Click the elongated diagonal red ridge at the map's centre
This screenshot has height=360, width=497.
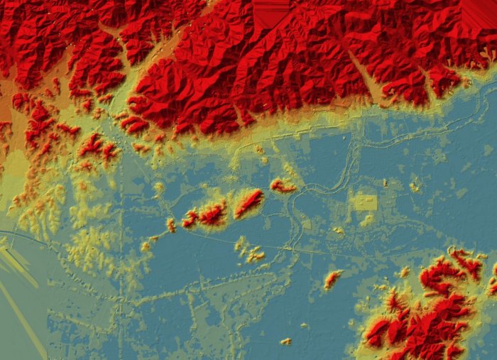248,202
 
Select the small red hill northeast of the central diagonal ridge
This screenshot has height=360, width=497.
283,186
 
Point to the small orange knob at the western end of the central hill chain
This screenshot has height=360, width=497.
171,225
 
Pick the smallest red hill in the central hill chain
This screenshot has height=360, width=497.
190,219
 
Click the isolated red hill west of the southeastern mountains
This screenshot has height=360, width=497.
332,279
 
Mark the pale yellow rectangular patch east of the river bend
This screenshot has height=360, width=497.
365,203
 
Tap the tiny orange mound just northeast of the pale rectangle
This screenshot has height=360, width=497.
386,183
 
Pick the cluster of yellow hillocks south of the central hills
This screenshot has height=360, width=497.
248,250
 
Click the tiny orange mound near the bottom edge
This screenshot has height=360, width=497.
286,342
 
